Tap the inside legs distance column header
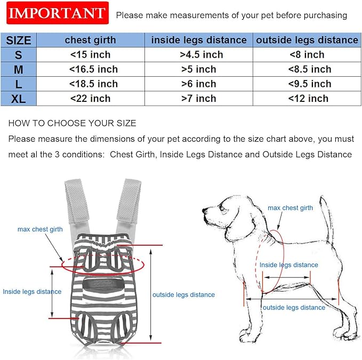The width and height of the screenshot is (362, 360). tap(199, 40)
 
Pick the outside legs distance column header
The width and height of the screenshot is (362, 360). tap(307, 40)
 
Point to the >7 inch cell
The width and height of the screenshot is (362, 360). tap(199, 99)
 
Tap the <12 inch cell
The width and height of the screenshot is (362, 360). tap(307, 99)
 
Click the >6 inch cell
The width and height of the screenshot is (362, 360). tap(199, 84)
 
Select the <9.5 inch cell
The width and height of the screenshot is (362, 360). tap(307, 84)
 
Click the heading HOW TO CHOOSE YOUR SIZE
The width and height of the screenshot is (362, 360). tap(73, 123)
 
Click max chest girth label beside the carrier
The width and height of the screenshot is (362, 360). tap(40, 229)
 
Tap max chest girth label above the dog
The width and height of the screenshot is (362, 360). tap(290, 208)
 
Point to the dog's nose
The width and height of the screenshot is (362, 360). tap(205, 212)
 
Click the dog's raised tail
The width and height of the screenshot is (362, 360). tap(325, 213)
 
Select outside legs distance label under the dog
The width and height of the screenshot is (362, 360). tap(294, 307)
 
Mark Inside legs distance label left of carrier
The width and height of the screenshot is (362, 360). tap(32, 292)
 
